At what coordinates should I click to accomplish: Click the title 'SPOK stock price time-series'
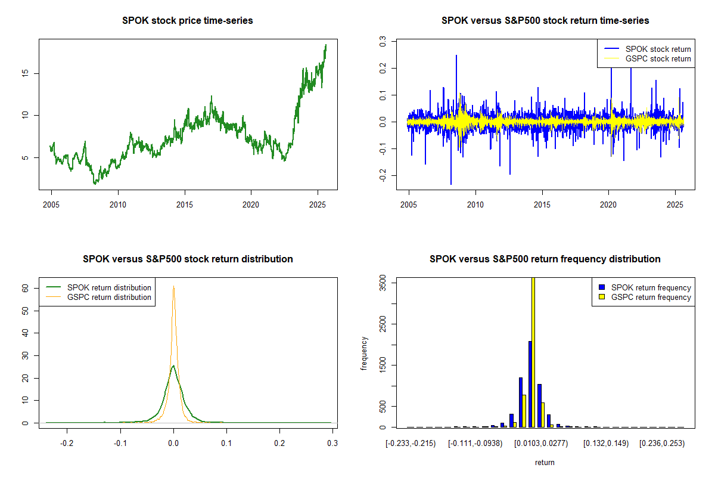click(188, 21)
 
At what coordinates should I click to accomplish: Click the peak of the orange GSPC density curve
click(173, 287)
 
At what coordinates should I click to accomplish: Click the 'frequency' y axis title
click(364, 354)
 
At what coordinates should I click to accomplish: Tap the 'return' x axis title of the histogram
click(545, 462)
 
